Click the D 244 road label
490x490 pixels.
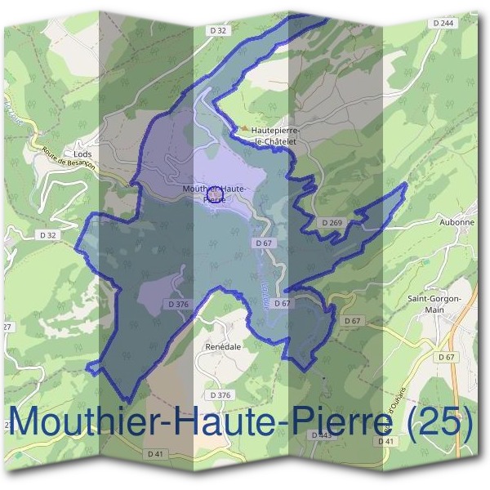pyautogui.click(x=445, y=23)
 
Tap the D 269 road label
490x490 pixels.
pyautogui.click(x=332, y=222)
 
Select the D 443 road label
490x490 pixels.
pyautogui.click(x=322, y=434)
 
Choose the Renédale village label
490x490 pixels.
pyautogui.click(x=220, y=346)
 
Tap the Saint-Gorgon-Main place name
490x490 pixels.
pyautogui.click(x=434, y=303)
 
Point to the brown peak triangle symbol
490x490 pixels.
pyautogui.click(x=244, y=127)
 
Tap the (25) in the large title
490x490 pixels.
pyautogui.click(x=439, y=421)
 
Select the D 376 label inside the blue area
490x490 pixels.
pyautogui.click(x=178, y=304)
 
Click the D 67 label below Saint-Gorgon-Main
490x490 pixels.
pyautogui.click(x=446, y=358)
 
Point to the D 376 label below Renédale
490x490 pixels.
pyautogui.click(x=220, y=395)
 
